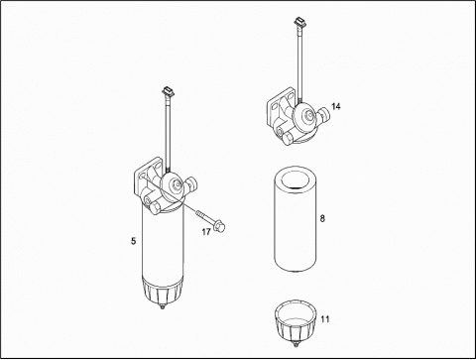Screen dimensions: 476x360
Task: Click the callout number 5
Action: coord(133,241)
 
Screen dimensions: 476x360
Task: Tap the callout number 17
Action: coord(206,232)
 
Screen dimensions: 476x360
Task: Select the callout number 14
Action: coord(336,106)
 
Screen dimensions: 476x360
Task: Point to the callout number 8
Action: coord(322,218)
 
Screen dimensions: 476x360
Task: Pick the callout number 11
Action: coord(325,319)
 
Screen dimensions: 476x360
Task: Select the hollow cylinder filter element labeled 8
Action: coord(296,219)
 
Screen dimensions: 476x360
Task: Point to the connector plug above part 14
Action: coord(299,22)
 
